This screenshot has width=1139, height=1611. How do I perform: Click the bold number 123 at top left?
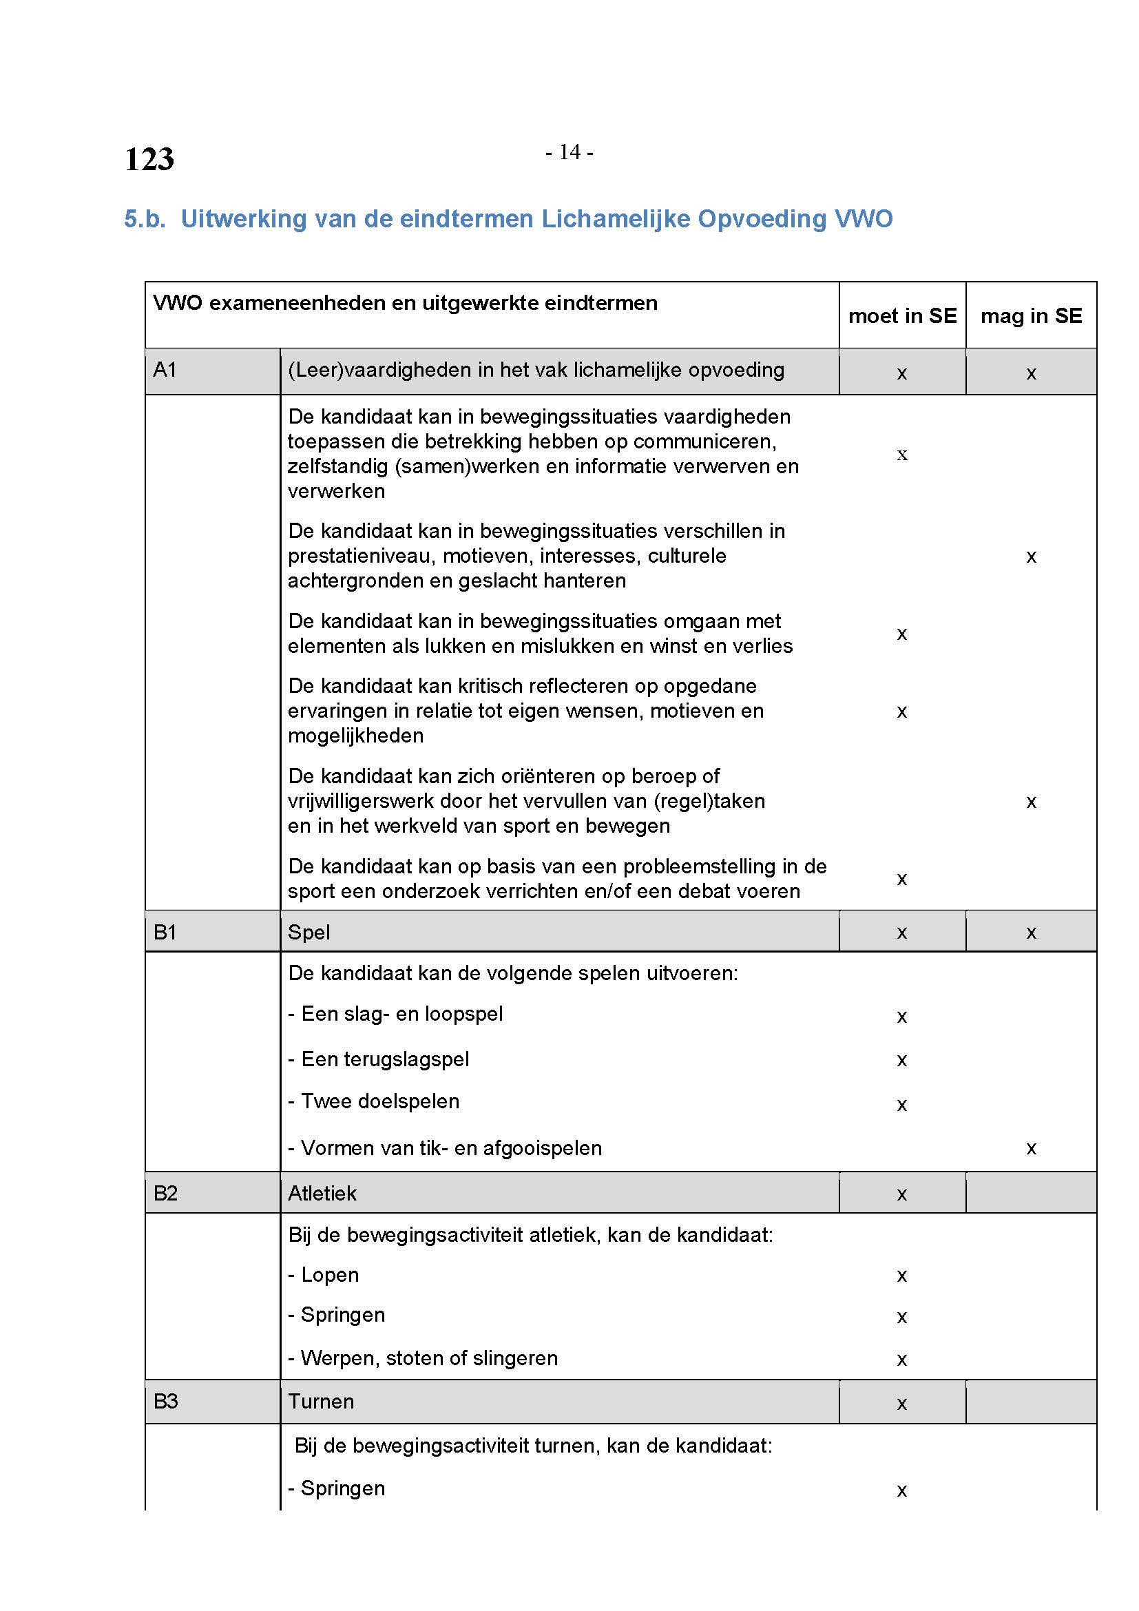click(149, 159)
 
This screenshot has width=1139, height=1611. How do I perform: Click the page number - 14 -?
click(569, 152)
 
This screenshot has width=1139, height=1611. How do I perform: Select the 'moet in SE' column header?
click(902, 315)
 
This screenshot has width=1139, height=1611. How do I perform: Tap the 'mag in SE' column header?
click(1030, 315)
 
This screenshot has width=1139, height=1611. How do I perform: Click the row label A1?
click(165, 370)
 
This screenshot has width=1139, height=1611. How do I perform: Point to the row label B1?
click(165, 932)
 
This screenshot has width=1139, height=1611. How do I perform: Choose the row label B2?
click(165, 1193)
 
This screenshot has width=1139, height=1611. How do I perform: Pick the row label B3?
click(165, 1401)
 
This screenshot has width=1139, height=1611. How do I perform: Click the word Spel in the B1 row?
click(309, 932)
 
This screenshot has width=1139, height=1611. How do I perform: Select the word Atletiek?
click(322, 1193)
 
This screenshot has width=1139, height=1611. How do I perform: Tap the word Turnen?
click(320, 1401)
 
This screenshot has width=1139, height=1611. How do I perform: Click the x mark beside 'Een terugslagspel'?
click(902, 1060)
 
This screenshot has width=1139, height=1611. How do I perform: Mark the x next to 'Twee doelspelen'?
click(902, 1105)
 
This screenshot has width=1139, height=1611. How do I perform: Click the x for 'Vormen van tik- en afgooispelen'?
click(1031, 1149)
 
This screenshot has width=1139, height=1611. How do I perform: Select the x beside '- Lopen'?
click(902, 1276)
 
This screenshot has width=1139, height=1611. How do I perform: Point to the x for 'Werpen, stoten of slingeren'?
click(902, 1360)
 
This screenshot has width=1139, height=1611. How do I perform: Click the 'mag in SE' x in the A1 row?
click(1031, 373)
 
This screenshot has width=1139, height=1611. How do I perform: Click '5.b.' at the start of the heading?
click(145, 219)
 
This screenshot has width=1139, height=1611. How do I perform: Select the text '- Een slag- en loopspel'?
click(395, 1014)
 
